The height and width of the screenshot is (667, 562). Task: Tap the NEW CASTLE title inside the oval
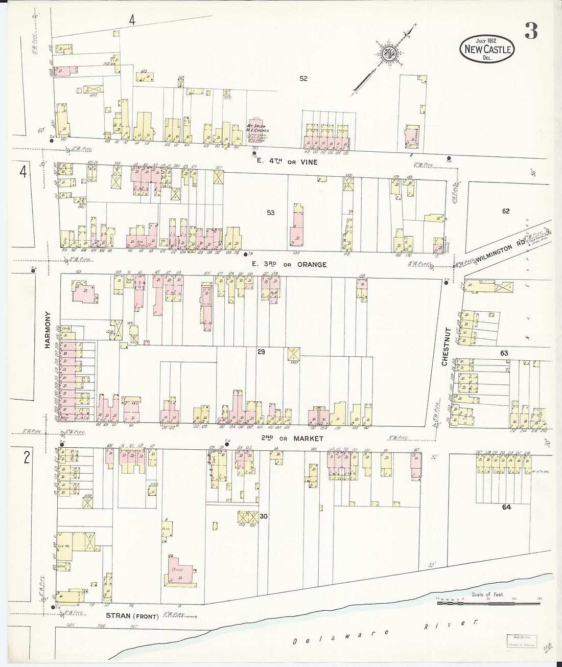tap(487, 49)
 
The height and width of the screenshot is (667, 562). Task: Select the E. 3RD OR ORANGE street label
tap(289, 264)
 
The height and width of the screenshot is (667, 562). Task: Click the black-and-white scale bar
tap(488, 604)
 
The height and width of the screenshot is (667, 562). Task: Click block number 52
tap(304, 78)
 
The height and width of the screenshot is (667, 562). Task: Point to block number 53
tap(270, 213)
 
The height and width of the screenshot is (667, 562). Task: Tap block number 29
tap(261, 352)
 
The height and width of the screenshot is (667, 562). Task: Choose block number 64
tap(506, 507)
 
